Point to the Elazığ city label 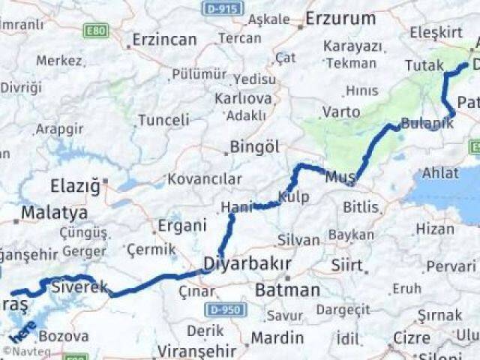[74, 186]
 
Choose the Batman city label [288, 289]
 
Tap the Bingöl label [255, 146]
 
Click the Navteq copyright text [27, 350]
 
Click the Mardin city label [277, 338]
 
